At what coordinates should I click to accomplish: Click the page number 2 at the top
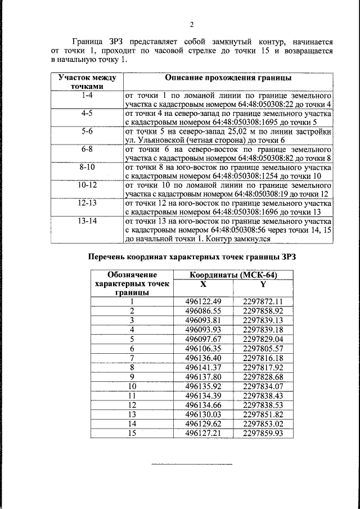pyautogui.click(x=191, y=25)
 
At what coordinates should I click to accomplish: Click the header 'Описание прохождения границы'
pyautogui.click(x=227, y=77)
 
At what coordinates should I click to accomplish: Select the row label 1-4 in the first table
pyautogui.click(x=87, y=95)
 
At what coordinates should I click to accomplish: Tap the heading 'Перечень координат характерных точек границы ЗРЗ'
pyautogui.click(x=192, y=258)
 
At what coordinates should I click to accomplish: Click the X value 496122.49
pyautogui.click(x=203, y=301)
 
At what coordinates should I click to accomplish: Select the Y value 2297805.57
pyautogui.click(x=263, y=348)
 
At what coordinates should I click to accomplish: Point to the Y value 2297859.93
pyautogui.click(x=263, y=433)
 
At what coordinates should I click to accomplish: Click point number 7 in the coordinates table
pyautogui.click(x=132, y=358)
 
